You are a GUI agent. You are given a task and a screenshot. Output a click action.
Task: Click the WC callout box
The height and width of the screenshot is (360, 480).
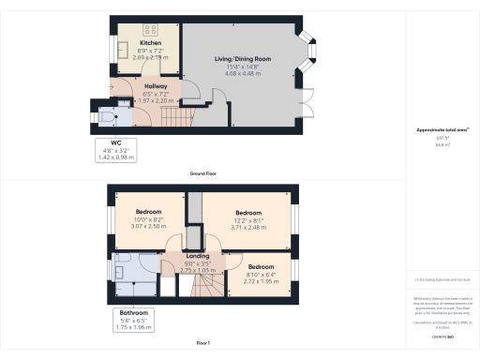117,150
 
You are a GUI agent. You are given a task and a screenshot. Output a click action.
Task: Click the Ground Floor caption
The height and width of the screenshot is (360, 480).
203,174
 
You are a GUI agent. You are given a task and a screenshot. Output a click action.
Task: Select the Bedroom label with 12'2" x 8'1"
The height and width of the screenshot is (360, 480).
248,212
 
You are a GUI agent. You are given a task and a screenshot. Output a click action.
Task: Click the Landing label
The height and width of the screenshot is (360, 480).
198,256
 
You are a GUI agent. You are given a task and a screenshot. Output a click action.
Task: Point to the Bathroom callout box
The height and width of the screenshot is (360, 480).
133,319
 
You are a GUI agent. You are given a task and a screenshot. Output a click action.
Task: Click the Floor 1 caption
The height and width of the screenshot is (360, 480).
203,343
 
